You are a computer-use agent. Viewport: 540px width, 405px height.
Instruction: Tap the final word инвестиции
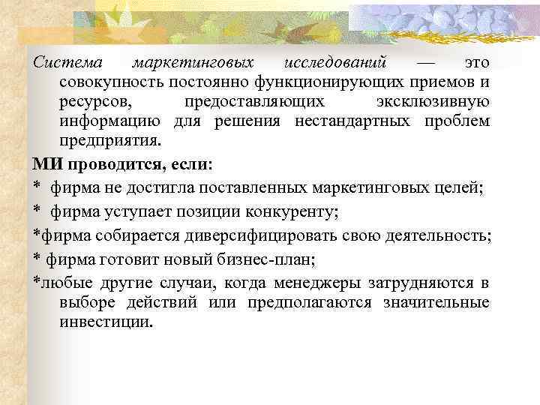click(x=105, y=322)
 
